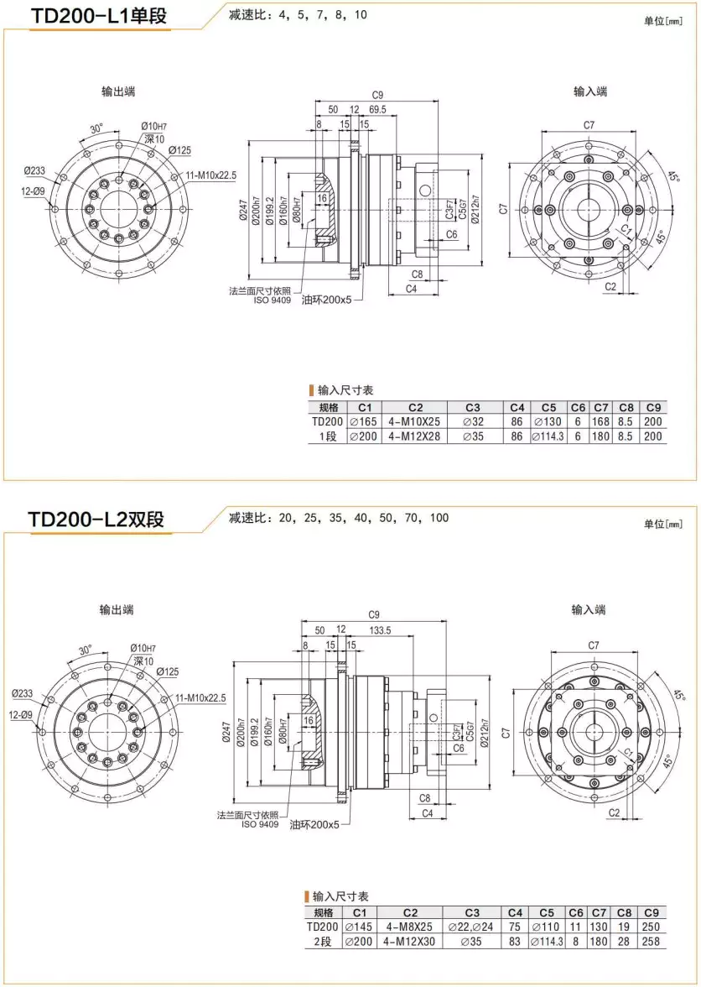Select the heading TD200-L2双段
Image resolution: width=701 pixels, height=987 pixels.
(96, 519)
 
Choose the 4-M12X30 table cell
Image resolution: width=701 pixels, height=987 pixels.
(410, 942)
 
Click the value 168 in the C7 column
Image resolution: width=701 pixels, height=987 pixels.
(600, 422)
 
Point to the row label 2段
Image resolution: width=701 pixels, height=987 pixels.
(323, 942)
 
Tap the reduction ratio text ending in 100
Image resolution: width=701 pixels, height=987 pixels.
(339, 518)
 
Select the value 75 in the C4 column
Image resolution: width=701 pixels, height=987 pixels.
(515, 927)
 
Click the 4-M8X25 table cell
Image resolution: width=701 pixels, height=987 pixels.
(410, 927)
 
